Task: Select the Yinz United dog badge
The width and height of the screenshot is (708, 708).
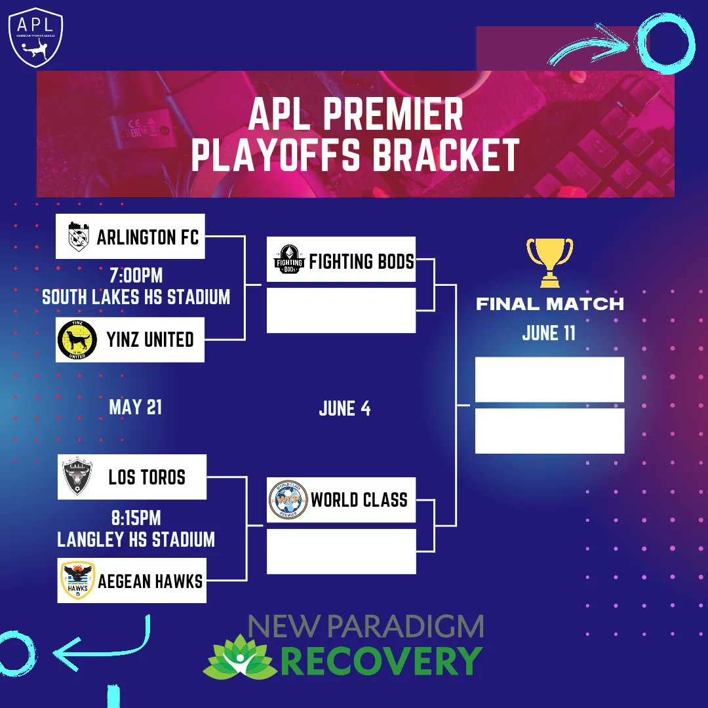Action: pyautogui.click(x=77, y=340)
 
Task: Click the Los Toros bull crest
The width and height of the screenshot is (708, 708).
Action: pyautogui.click(x=77, y=477)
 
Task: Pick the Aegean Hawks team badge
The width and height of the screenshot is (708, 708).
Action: pyautogui.click(x=77, y=580)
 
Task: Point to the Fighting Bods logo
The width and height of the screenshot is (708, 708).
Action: pyautogui.click(x=289, y=260)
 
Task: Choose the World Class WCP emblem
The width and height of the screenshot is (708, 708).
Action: pyautogui.click(x=288, y=500)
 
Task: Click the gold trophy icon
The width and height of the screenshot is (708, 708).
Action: pyautogui.click(x=549, y=262)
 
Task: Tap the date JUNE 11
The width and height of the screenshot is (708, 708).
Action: pyautogui.click(x=549, y=333)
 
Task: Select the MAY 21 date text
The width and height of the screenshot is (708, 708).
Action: pyautogui.click(x=135, y=407)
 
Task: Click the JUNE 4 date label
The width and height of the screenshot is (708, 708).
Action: pyautogui.click(x=344, y=408)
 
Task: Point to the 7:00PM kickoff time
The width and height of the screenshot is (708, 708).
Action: pyautogui.click(x=136, y=274)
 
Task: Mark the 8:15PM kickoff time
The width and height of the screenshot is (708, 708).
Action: pyautogui.click(x=136, y=518)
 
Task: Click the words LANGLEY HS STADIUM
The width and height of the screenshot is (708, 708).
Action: pyautogui.click(x=136, y=540)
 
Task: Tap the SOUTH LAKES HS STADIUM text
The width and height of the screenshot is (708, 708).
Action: pyautogui.click(x=136, y=297)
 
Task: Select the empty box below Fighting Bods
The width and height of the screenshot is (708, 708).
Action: pyautogui.click(x=341, y=310)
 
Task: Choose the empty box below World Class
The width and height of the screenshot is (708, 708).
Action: pyautogui.click(x=341, y=551)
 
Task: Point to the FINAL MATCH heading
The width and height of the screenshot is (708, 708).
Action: pyautogui.click(x=549, y=304)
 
